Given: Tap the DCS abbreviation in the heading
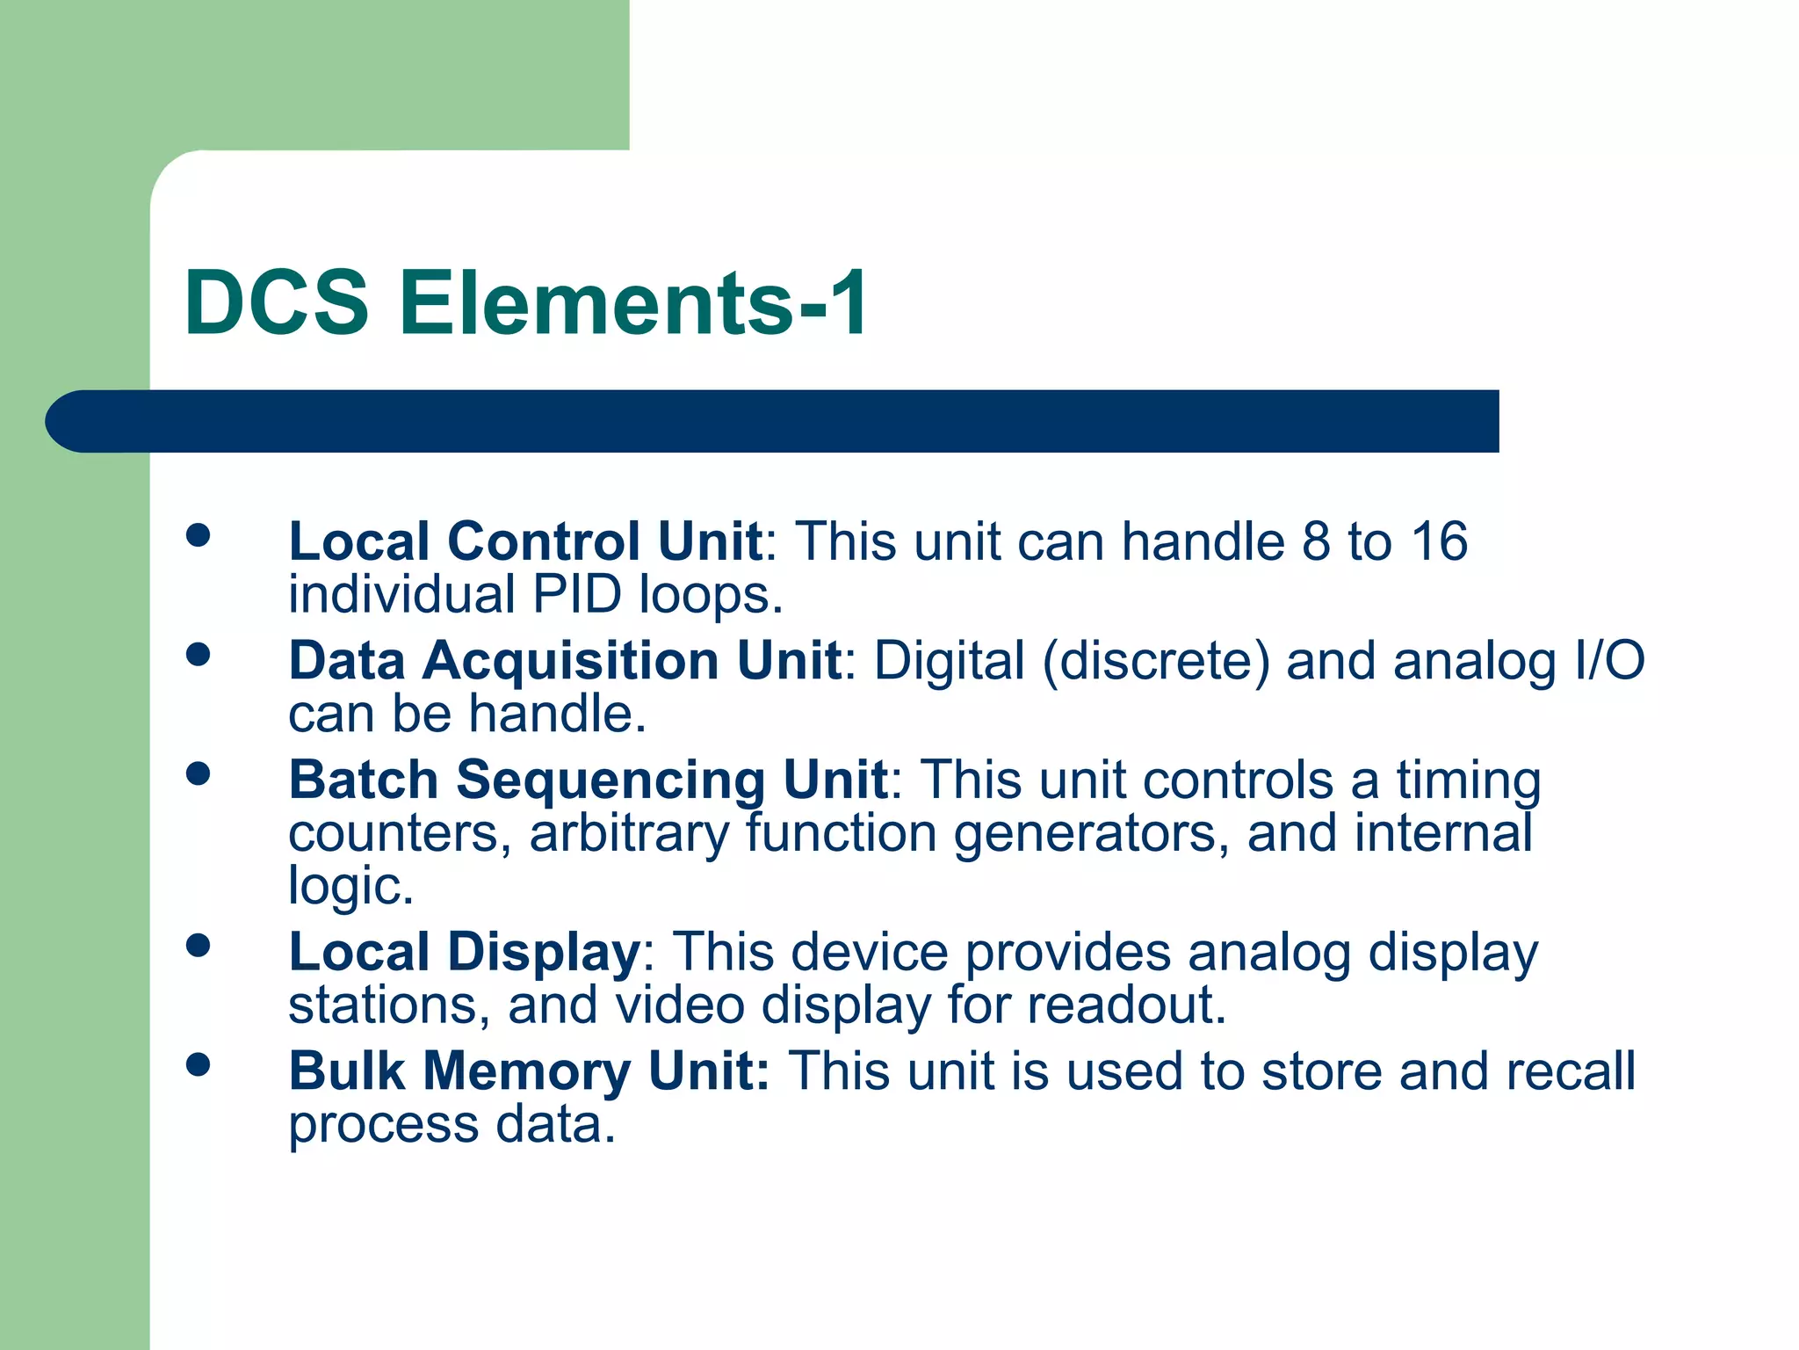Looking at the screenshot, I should (x=277, y=303).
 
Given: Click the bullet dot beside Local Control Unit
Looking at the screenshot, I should (x=199, y=535).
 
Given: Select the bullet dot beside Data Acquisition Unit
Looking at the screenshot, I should (x=199, y=654).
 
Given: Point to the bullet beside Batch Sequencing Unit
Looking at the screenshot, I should (x=199, y=773).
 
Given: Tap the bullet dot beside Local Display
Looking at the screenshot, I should (x=199, y=946).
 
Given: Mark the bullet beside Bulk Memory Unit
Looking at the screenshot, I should (x=199, y=1064).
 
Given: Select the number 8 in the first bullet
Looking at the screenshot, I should (x=1316, y=541).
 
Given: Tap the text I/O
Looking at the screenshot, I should (x=1609, y=661).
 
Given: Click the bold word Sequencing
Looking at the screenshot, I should (x=611, y=780).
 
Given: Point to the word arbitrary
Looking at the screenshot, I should (x=629, y=833).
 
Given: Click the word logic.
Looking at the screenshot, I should (x=350, y=886).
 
